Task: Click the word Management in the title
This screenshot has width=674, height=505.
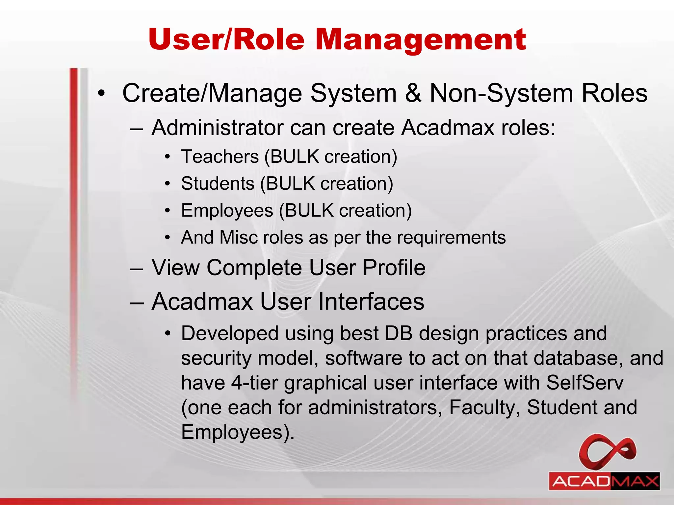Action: point(421,40)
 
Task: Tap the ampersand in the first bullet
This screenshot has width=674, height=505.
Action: point(413,93)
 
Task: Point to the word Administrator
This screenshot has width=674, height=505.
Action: point(217,128)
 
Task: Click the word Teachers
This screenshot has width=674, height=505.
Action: point(220,156)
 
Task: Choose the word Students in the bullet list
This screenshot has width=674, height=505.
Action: point(218,183)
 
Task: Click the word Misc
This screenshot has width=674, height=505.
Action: point(239,237)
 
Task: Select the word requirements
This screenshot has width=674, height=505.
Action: point(451,238)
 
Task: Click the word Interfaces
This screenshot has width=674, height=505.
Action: point(342,301)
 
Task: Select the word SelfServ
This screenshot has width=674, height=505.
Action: point(584,383)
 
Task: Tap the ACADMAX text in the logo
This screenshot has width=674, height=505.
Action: point(604,481)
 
